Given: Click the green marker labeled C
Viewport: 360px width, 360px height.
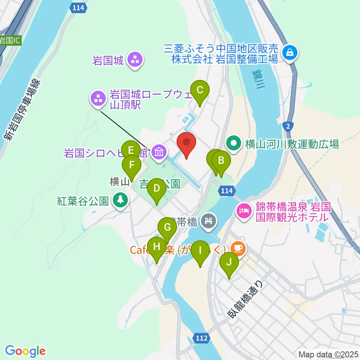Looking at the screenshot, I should (x=200, y=90).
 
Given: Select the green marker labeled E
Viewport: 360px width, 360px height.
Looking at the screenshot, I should (x=130, y=150).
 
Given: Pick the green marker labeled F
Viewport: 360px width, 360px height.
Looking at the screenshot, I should (x=132, y=165).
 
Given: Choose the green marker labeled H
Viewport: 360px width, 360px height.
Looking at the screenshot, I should (x=157, y=247).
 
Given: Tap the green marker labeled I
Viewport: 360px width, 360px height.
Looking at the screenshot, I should (x=200, y=250).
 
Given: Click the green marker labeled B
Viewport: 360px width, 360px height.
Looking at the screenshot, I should (x=221, y=161).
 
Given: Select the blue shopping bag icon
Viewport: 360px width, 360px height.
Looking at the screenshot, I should (x=290, y=52).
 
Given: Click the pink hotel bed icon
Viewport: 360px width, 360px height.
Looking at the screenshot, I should (x=243, y=210).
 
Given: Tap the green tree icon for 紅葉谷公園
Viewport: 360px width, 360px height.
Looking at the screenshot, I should (x=120, y=200).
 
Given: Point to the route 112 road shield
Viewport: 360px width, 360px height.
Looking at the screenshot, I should (x=201, y=338).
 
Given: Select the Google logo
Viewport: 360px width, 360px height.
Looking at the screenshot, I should (x=25, y=351).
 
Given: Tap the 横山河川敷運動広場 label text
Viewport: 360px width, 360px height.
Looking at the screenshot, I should (x=292, y=144).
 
